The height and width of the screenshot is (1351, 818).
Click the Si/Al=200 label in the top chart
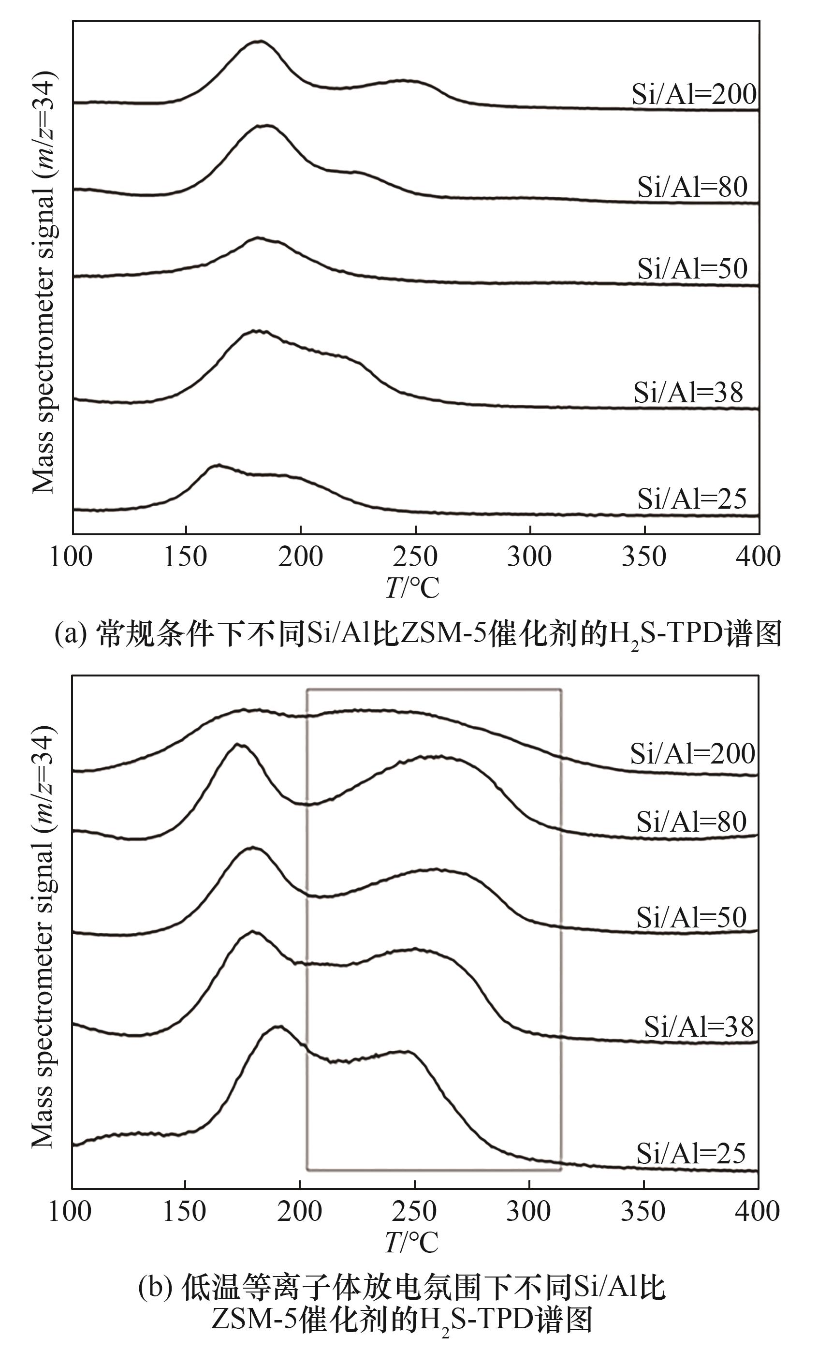tap(694, 94)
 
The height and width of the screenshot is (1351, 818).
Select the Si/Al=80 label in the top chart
tap(692, 187)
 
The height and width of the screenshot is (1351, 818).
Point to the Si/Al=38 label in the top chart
tap(688, 393)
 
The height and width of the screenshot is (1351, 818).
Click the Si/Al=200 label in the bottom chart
tap(692, 754)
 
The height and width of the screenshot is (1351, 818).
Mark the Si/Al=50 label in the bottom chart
tap(691, 917)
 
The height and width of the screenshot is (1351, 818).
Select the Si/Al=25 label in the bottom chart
tap(691, 1154)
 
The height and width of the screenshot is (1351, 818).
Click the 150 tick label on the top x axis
tap(185, 557)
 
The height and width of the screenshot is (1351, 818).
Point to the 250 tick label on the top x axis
tap(415, 557)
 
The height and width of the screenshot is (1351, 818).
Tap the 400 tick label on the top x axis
tap(758, 557)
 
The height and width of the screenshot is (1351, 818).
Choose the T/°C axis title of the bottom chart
tap(412, 1242)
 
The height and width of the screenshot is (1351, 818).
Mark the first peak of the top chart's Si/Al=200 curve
tap(260, 41)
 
